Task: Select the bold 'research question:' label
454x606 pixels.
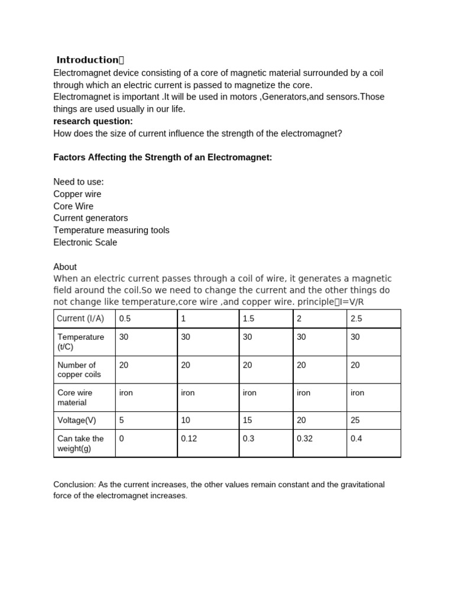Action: pos(93,121)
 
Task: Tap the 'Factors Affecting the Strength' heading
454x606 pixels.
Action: pos(163,158)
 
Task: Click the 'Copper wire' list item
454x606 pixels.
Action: pos(77,194)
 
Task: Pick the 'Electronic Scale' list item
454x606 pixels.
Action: pos(85,242)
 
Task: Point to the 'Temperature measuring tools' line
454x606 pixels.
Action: pos(111,230)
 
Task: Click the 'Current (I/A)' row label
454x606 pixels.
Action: pos(80,318)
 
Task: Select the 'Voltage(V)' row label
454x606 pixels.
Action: pos(76,420)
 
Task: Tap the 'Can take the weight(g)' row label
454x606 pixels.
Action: pos(80,443)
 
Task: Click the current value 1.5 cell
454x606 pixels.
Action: pos(248,318)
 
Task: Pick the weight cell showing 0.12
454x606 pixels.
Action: pos(189,439)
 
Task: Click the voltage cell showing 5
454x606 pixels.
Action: pos(122,420)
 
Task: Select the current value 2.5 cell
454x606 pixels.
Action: pos(356,318)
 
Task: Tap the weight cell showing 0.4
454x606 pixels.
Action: pos(356,439)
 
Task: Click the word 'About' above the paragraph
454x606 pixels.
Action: pos(65,267)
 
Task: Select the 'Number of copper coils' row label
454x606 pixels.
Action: pos(79,370)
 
